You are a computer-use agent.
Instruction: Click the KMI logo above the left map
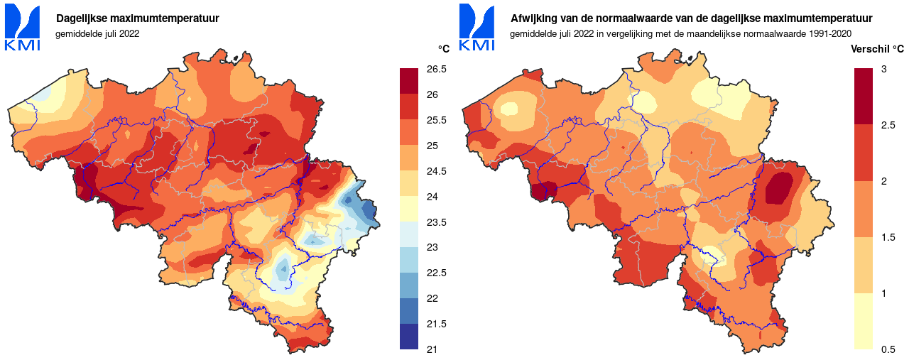(23, 28)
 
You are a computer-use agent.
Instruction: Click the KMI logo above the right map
(477, 28)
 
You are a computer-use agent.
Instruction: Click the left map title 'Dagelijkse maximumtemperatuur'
(138, 18)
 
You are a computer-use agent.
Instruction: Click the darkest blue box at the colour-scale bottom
(410, 337)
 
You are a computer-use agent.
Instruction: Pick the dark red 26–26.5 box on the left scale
(410, 82)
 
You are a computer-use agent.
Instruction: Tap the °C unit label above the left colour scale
(443, 49)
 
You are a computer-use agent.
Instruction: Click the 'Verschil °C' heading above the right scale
(877, 49)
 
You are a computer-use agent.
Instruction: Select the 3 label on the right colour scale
(883, 69)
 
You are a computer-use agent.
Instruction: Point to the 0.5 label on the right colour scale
(888, 349)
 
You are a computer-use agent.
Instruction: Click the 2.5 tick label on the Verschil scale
(888, 125)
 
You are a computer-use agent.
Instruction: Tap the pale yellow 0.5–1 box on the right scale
(864, 321)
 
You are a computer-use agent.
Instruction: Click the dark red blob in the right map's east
(781, 189)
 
